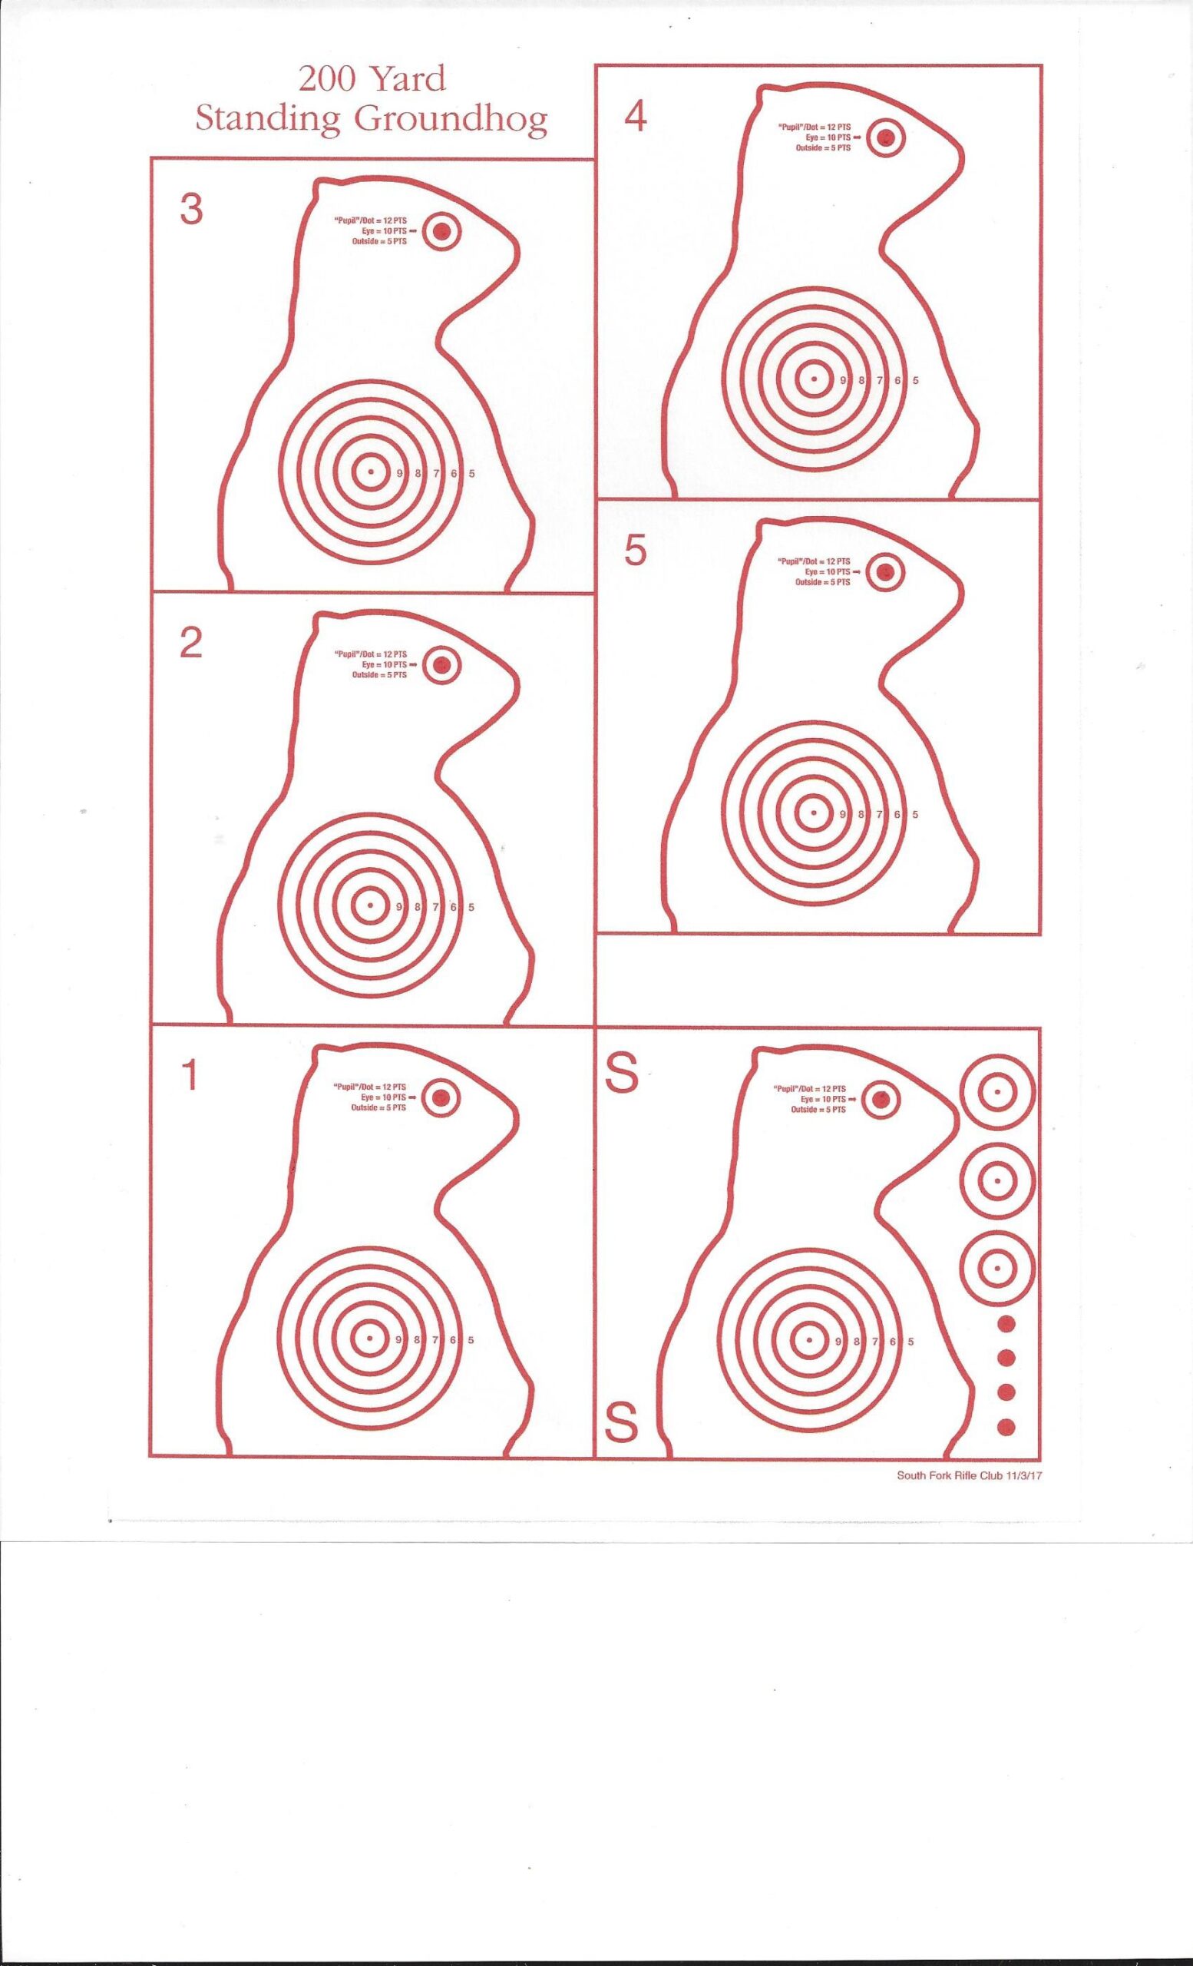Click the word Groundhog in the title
click(x=451, y=121)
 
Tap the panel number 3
click(x=191, y=210)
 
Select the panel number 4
click(x=636, y=117)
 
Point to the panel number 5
click(x=635, y=551)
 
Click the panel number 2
click(x=190, y=643)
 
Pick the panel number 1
click(x=190, y=1077)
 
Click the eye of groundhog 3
click(x=441, y=232)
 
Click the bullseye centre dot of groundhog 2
click(x=369, y=905)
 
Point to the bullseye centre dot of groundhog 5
click(x=814, y=813)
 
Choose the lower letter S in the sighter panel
click(x=622, y=1421)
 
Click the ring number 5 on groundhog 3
click(x=472, y=473)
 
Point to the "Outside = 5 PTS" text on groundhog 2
click(x=379, y=675)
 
